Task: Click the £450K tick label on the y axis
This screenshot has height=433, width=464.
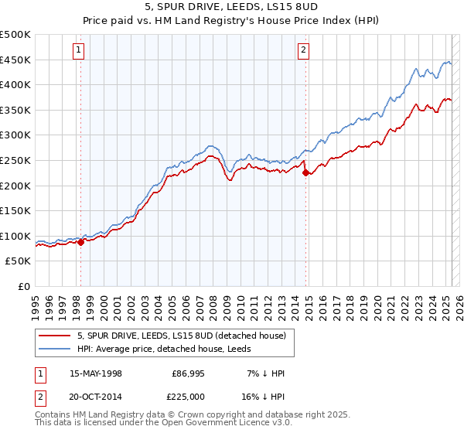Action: [x=15, y=60]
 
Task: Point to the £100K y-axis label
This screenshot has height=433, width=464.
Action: [x=15, y=236]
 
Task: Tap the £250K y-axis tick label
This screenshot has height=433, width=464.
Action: [x=15, y=160]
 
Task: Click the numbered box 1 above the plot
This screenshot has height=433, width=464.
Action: [x=80, y=51]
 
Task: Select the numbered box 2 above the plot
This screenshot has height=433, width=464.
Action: [x=304, y=51]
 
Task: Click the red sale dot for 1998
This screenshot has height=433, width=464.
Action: [x=80, y=242]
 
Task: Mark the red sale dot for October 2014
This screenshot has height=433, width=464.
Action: [x=305, y=172]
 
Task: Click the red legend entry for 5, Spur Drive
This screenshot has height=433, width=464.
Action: [x=182, y=336]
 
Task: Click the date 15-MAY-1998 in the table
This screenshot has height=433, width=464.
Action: [x=96, y=373]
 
